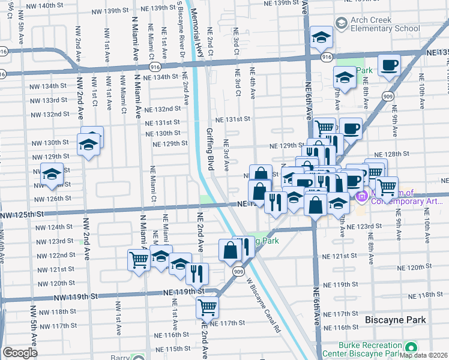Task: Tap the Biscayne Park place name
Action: point(396,320)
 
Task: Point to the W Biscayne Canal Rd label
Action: point(262,307)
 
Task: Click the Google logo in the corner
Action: point(20,353)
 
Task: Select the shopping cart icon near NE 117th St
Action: point(207,307)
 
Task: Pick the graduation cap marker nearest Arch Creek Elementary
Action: point(322,38)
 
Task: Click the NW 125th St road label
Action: point(22,214)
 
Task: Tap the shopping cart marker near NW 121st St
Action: point(139,260)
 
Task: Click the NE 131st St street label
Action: point(232,119)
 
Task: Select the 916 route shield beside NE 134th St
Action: point(155,67)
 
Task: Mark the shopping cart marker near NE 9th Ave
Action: point(387,187)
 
